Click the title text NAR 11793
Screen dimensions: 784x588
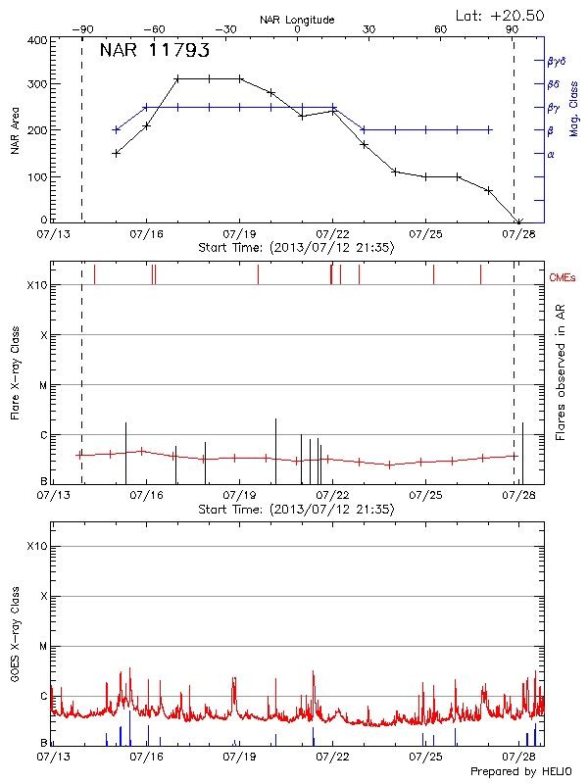pyautogui.click(x=154, y=51)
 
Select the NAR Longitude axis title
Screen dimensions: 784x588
pyautogui.click(x=297, y=20)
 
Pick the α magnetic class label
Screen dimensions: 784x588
pyautogui.click(x=550, y=154)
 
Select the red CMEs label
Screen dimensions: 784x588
pyautogui.click(x=563, y=278)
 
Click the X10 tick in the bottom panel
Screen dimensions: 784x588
pyautogui.click(x=37, y=546)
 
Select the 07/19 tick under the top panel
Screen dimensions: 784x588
pyautogui.click(x=239, y=235)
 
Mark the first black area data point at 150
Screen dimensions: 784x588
pyautogui.click(x=116, y=153)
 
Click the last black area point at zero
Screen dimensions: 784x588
pyautogui.click(x=519, y=221)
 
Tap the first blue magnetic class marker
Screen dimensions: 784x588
pyautogui.click(x=116, y=129)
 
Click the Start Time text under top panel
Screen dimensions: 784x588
pyautogui.click(x=296, y=247)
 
